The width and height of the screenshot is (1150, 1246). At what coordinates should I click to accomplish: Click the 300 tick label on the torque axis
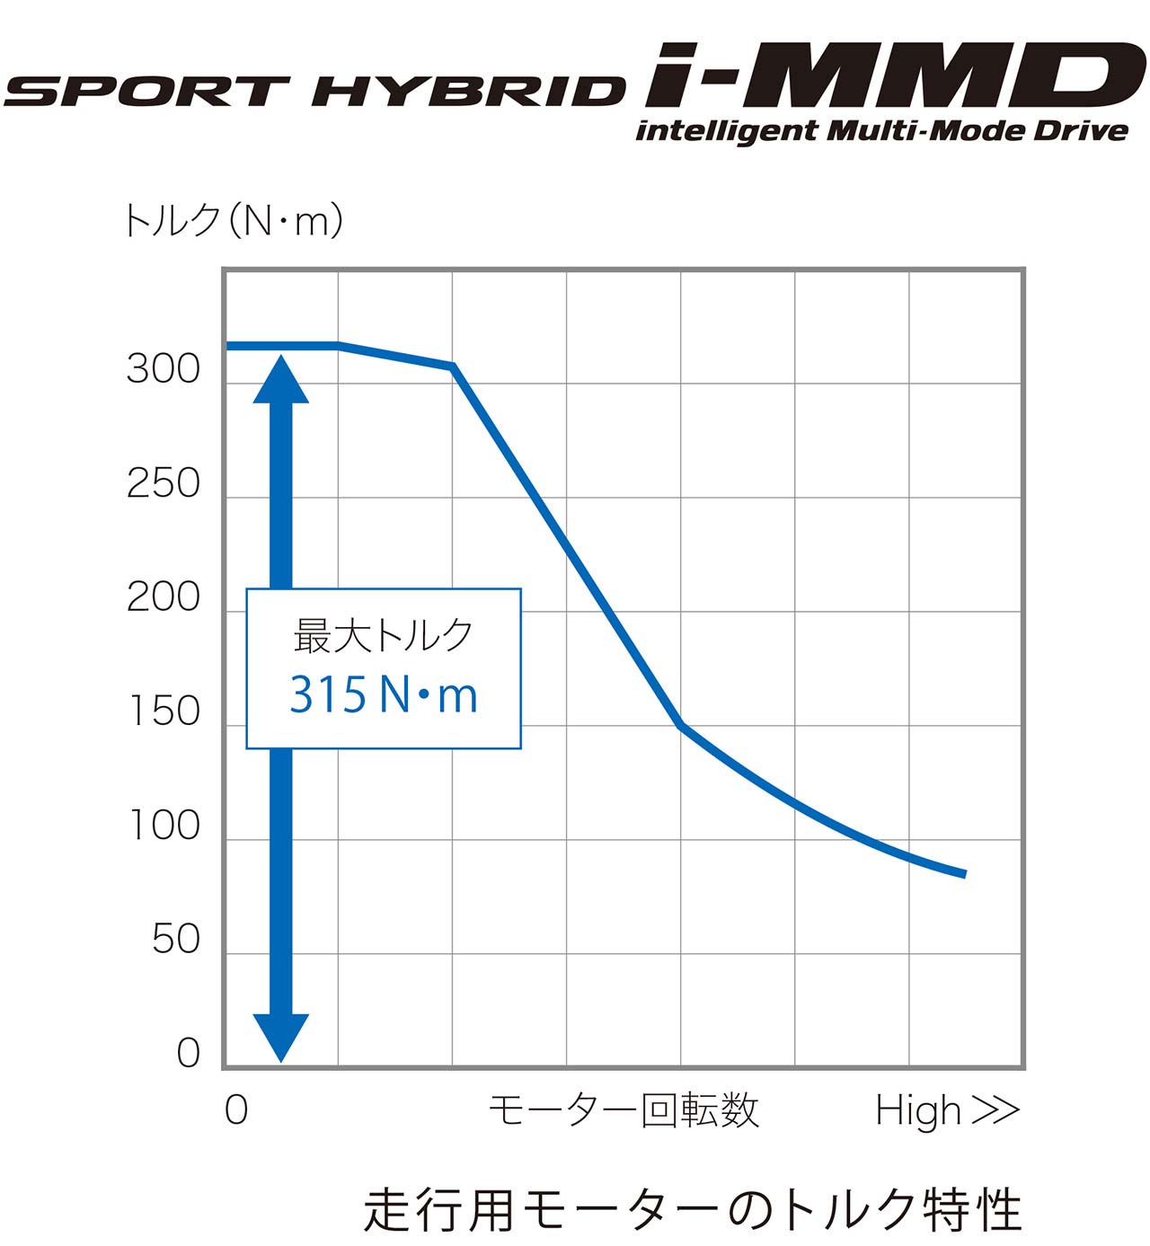pyautogui.click(x=163, y=369)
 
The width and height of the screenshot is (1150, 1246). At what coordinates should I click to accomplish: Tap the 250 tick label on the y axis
pyautogui.click(x=163, y=483)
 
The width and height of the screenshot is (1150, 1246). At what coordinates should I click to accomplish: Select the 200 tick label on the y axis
pyautogui.click(x=163, y=597)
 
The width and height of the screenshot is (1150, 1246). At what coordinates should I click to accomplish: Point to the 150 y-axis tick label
pyautogui.click(x=164, y=711)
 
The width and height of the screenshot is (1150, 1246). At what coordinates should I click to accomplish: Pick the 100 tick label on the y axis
pyautogui.click(x=164, y=826)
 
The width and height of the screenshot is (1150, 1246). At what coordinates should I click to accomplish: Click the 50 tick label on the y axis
pyautogui.click(x=175, y=940)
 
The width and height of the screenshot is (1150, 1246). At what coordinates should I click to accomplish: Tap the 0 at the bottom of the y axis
pyautogui.click(x=188, y=1053)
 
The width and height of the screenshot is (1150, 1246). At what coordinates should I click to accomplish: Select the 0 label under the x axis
pyautogui.click(x=236, y=1110)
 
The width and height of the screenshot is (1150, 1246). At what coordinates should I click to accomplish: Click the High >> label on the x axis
pyautogui.click(x=948, y=1110)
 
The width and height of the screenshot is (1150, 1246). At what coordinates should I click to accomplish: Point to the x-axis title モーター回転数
pyautogui.click(x=624, y=1110)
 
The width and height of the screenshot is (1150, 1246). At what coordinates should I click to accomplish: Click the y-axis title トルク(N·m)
pyautogui.click(x=232, y=220)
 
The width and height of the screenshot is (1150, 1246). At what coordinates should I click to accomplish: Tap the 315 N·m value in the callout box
pyautogui.click(x=384, y=694)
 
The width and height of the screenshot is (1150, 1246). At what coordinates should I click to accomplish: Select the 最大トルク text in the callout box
pyautogui.click(x=384, y=635)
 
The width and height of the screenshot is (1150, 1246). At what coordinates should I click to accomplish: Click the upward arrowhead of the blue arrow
pyautogui.click(x=281, y=379)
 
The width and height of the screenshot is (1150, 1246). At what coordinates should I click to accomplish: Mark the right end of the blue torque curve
pyautogui.click(x=964, y=873)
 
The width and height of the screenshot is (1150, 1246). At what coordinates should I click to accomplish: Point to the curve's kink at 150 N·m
pyautogui.click(x=681, y=725)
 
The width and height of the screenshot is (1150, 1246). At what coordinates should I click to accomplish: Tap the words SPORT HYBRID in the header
pyautogui.click(x=314, y=92)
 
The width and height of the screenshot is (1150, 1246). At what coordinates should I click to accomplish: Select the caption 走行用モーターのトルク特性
pyautogui.click(x=693, y=1209)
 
